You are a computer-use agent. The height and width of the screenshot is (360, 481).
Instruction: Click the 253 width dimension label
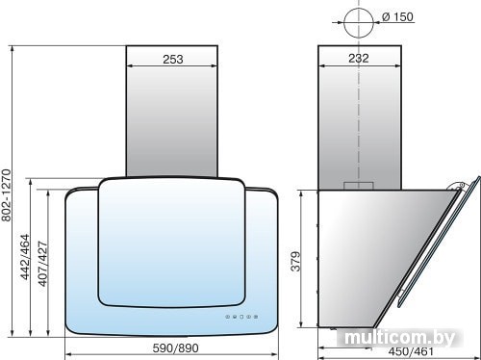click(x=173, y=60)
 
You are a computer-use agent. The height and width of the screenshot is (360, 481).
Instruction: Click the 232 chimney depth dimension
click(x=359, y=59)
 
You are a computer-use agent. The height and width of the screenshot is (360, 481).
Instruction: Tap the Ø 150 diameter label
click(x=397, y=16)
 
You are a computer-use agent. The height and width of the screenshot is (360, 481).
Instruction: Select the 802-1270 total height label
click(x=7, y=195)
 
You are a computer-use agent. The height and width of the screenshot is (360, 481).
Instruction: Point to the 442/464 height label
click(x=25, y=257)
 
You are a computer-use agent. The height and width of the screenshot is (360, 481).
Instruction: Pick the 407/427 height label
click(x=42, y=264)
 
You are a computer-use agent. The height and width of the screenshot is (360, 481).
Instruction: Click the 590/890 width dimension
click(x=175, y=348)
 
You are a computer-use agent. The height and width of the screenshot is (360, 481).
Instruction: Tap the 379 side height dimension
click(x=296, y=262)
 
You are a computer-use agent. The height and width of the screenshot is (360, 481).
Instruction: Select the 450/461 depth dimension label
click(x=411, y=351)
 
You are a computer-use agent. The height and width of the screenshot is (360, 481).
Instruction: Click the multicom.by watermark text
click(x=400, y=338)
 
